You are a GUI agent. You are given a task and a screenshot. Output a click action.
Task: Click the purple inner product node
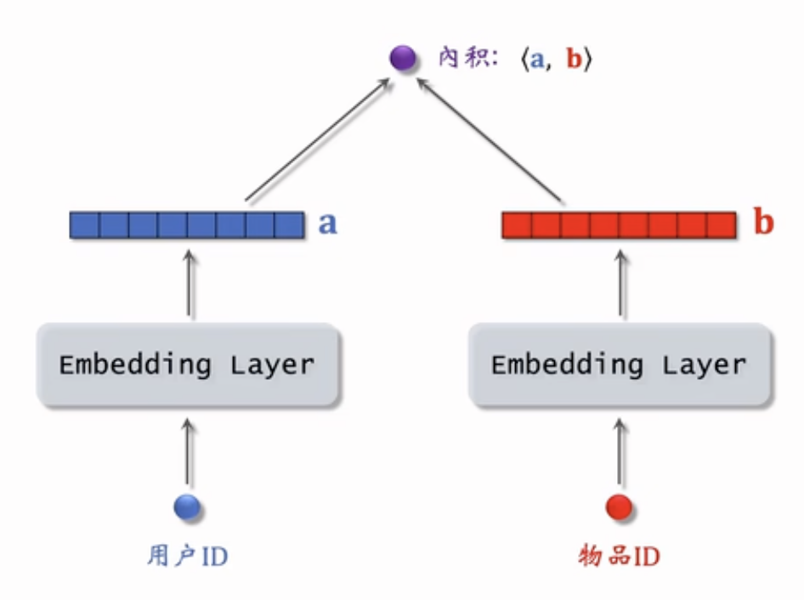402,59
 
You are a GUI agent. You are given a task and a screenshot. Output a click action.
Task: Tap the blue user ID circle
187,507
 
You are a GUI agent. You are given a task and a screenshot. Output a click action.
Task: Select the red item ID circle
619,507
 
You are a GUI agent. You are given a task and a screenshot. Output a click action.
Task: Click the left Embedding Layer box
188,365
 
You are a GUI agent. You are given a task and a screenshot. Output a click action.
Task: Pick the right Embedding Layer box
620,365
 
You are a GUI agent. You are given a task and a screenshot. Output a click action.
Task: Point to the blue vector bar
187,225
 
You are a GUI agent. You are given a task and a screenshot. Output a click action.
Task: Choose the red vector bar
619,225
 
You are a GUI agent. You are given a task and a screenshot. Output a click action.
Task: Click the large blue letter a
327,224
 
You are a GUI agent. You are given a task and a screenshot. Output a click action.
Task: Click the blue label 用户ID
188,557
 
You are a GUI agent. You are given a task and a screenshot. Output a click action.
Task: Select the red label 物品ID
619,557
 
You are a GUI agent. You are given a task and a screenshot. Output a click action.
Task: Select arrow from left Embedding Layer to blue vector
188,285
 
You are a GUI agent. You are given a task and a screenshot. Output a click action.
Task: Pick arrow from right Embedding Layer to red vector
620,285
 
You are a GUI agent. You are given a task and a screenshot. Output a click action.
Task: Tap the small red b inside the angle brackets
575,60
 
